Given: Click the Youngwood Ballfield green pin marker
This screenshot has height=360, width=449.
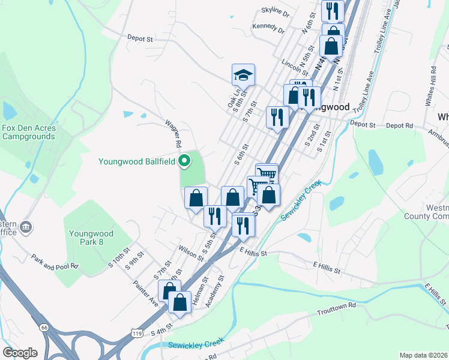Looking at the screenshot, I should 185,160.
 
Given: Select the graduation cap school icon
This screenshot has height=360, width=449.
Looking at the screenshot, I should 243,76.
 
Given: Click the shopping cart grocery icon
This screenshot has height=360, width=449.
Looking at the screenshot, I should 267,174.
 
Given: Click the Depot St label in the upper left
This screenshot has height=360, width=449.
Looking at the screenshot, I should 140,38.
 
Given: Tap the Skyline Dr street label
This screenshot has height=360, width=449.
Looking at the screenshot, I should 275,12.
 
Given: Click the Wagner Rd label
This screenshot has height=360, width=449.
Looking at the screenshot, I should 173,133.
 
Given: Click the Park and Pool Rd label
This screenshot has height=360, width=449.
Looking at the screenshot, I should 55,262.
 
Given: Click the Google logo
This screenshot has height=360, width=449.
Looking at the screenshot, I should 20,352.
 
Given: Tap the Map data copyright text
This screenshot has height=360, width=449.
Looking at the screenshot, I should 423,355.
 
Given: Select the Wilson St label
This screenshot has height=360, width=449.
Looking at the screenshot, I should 190,252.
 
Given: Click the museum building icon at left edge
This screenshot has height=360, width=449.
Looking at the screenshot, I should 26,227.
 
